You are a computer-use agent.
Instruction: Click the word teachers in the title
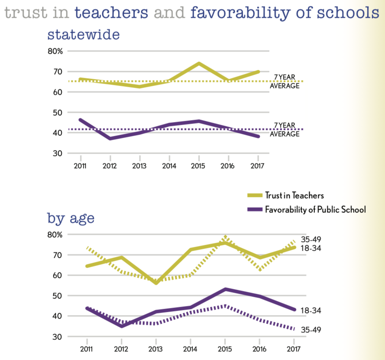[111, 13]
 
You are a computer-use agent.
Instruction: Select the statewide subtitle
[83, 34]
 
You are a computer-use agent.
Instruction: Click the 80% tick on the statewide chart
[55, 51]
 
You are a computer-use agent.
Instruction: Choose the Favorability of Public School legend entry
[315, 209]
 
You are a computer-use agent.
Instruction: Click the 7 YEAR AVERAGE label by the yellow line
[284, 81]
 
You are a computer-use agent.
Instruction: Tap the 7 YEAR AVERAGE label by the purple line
[284, 129]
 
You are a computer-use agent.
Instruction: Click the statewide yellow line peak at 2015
[199, 63]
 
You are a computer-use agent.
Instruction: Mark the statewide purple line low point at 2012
[110, 139]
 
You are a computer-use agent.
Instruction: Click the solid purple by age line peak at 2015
[225, 289]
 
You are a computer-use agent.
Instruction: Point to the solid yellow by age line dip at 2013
[156, 283]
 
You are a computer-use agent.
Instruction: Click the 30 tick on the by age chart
[58, 337]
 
